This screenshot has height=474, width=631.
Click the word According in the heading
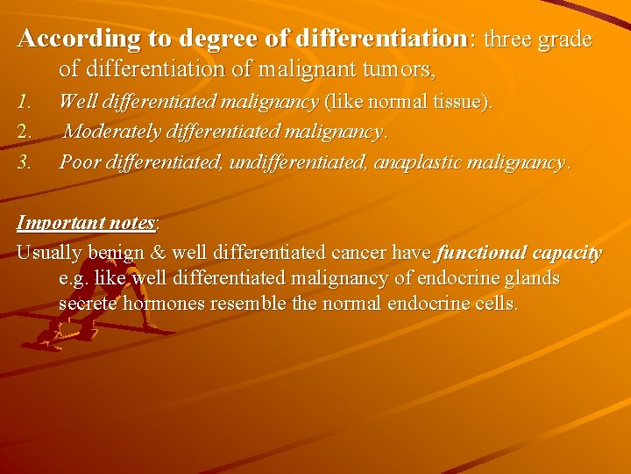pyautogui.click(x=67, y=39)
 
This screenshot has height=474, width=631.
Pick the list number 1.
pyautogui.click(x=25, y=103)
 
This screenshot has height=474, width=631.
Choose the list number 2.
pyautogui.click(x=25, y=133)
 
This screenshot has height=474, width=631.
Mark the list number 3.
pyautogui.click(x=25, y=162)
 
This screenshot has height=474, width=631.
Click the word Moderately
pyautogui.click(x=118, y=133)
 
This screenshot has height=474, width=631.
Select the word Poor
pyautogui.click(x=80, y=162)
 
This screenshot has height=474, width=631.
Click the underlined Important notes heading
pyautogui.click(x=87, y=223)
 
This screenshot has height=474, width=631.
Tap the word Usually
pyautogui.click(x=49, y=253)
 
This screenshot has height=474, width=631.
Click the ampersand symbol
pyautogui.click(x=158, y=253)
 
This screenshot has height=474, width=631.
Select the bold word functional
pyautogui.click(x=480, y=253)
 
